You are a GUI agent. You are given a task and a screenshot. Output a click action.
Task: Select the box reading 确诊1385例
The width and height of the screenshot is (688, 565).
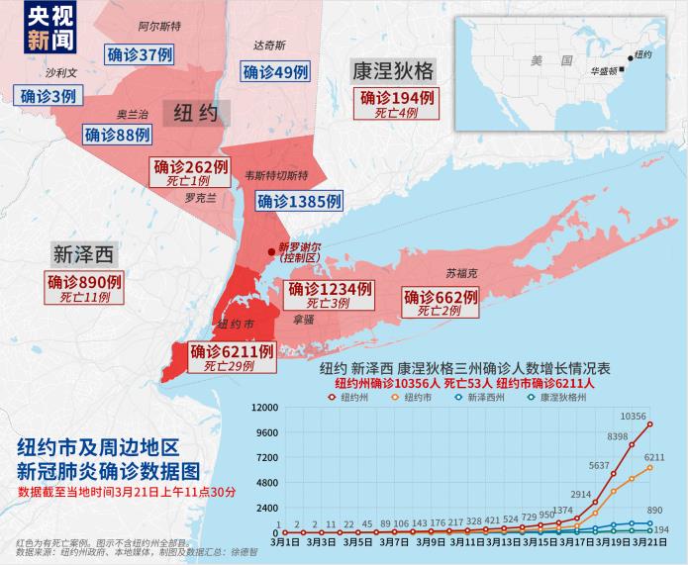[299, 201]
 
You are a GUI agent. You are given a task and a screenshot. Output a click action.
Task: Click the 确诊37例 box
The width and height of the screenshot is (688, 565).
[139, 53]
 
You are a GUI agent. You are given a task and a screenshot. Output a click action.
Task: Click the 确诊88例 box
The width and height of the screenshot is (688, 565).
[118, 135]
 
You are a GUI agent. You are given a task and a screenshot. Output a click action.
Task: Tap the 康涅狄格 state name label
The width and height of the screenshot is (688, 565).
[392, 71]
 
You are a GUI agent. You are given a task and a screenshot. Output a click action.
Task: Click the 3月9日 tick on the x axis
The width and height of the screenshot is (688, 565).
[431, 542]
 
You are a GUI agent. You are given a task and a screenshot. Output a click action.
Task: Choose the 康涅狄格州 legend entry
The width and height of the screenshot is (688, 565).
[560, 396]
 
